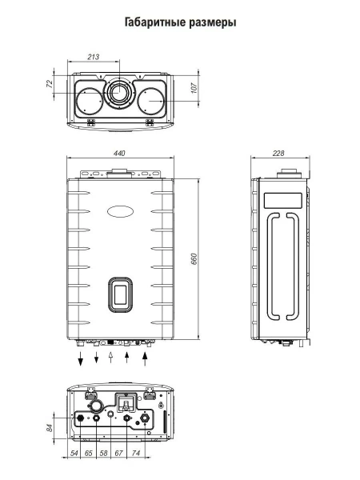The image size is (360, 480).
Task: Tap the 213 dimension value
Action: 94,58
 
